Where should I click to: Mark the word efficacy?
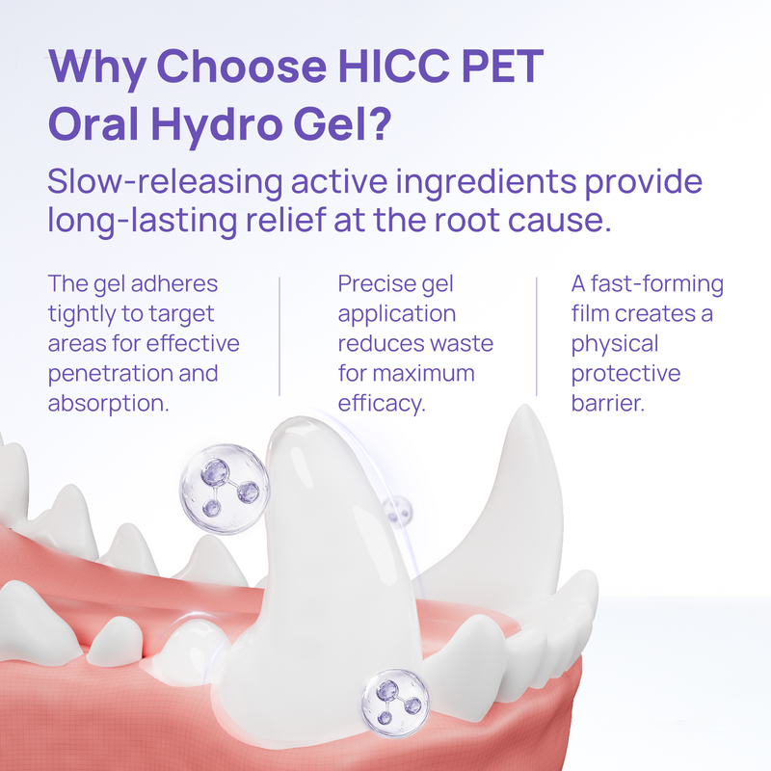pyautogui.click(x=381, y=403)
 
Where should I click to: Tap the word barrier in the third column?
pyautogui.click(x=606, y=403)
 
